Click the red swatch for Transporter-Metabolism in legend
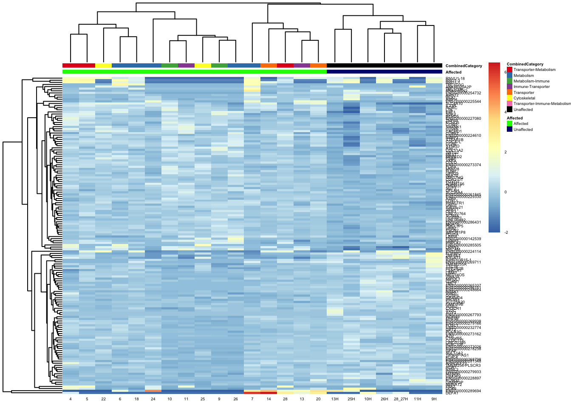(x=509, y=70)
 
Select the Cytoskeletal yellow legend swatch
(x=509, y=98)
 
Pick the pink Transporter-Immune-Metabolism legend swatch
(x=509, y=104)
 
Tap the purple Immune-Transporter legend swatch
(x=509, y=87)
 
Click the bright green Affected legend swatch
(x=509, y=124)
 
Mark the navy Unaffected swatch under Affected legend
(x=509, y=130)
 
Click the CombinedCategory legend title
(x=525, y=64)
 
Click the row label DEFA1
(x=452, y=393)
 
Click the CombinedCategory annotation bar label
(x=464, y=66)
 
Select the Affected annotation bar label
(x=453, y=72)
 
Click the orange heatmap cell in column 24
(x=153, y=390)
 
